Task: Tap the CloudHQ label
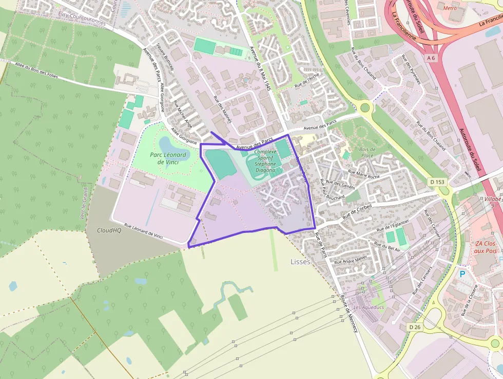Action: pyautogui.click(x=109, y=230)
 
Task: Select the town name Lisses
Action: pyautogui.click(x=300, y=262)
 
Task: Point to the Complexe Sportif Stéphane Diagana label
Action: pyautogui.click(x=265, y=161)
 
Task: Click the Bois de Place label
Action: pyautogui.click(x=367, y=152)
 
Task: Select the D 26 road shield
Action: pyautogui.click(x=415, y=327)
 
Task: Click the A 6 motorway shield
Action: pyautogui.click(x=431, y=58)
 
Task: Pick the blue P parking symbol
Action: pyautogui.click(x=462, y=274)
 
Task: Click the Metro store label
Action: pyautogui.click(x=450, y=8)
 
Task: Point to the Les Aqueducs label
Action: pyautogui.click(x=369, y=308)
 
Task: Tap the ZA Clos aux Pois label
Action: pyautogui.click(x=485, y=247)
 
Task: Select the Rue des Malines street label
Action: pyautogui.click(x=223, y=110)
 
